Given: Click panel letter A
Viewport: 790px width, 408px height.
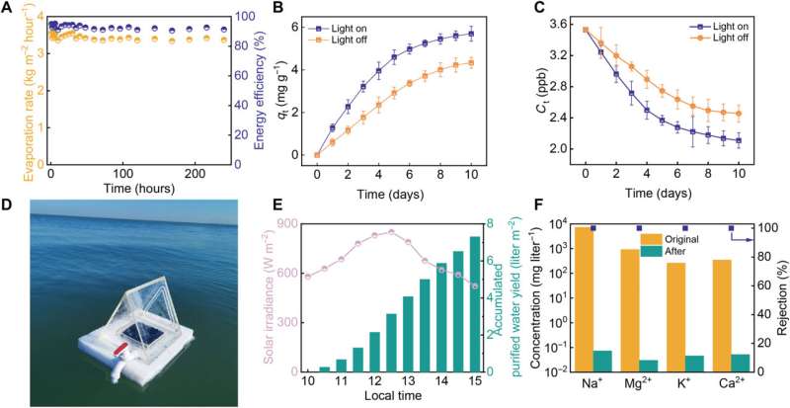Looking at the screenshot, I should coord(8,9).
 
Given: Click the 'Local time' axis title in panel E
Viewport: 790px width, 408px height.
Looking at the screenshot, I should coord(390,397).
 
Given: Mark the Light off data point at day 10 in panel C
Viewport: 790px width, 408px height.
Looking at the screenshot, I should coord(737,114).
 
